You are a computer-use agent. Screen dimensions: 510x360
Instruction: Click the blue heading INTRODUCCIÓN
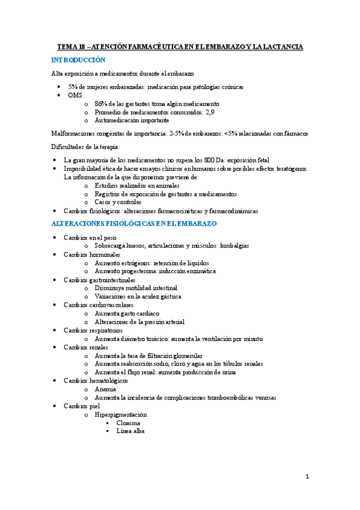coord(78,60)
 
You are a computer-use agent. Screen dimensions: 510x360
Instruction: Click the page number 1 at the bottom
coord(307,477)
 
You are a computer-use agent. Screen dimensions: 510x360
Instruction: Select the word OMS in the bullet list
coord(75,95)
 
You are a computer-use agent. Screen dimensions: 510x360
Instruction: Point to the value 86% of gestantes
coord(102,103)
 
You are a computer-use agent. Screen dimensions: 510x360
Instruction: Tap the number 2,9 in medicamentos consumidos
coord(210,112)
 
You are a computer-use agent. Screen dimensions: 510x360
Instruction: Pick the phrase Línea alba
coord(130,431)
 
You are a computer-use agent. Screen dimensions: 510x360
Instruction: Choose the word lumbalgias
coord(230,245)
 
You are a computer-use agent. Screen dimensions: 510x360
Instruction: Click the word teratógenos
coord(288,168)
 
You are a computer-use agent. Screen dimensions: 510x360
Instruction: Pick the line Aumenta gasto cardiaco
coord(126,313)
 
